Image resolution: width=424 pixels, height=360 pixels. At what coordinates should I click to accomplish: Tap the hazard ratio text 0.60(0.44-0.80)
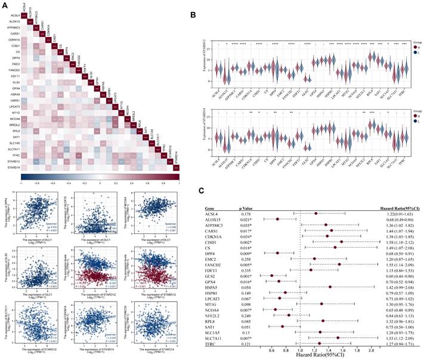401,276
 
